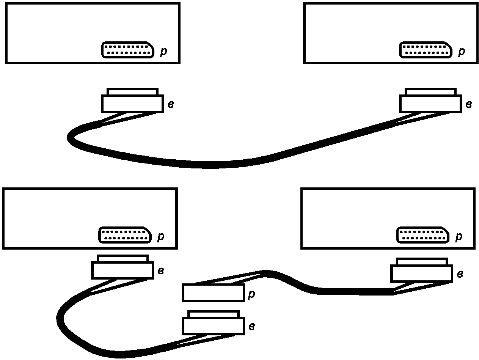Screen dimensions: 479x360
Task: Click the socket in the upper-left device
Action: click(x=128, y=50)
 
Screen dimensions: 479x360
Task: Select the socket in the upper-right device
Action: click(x=426, y=50)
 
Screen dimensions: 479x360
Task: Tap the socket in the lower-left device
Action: click(x=125, y=235)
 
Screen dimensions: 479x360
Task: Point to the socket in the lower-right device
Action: click(x=422, y=235)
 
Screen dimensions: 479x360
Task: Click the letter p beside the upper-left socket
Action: click(x=163, y=51)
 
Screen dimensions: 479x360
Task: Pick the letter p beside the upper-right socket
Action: click(x=462, y=51)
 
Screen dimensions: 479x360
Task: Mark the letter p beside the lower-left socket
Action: click(x=161, y=236)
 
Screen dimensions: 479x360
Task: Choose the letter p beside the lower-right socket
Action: click(x=459, y=236)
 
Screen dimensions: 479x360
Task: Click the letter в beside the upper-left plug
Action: click(x=171, y=104)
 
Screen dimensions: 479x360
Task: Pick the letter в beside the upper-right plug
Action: click(x=469, y=104)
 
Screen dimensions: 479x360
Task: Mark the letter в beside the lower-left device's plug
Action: click(x=161, y=271)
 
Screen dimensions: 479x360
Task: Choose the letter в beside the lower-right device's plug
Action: click(x=460, y=274)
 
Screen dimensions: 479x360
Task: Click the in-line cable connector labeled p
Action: click(x=213, y=293)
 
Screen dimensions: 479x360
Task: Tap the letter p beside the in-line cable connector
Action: click(x=251, y=295)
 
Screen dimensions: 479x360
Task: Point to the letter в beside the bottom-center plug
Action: click(x=251, y=327)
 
